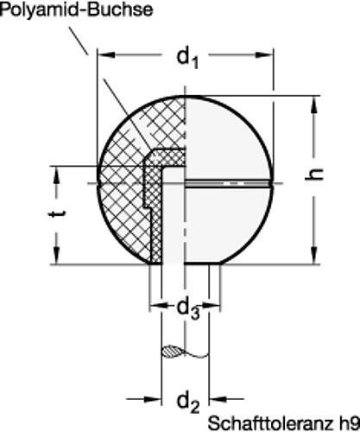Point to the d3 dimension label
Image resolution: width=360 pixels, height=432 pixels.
tap(186, 308)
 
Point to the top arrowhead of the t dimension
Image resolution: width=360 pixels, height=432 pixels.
tap(57, 171)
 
